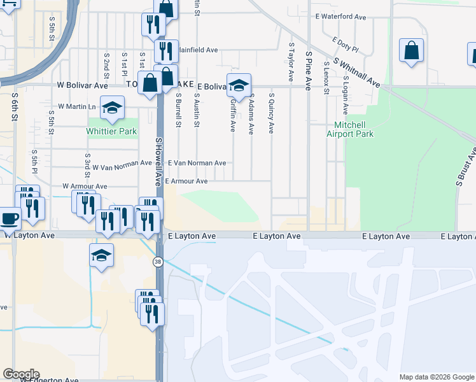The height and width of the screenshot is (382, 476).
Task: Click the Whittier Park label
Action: (111, 132)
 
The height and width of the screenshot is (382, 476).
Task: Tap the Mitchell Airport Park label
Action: (349, 129)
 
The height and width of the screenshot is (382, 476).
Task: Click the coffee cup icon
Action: (10, 218)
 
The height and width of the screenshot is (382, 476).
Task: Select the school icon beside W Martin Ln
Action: (112, 108)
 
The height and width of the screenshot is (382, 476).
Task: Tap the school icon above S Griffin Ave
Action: (239, 85)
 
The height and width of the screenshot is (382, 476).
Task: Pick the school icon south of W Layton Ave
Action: (101, 255)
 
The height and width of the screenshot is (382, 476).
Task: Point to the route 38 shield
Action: (157, 261)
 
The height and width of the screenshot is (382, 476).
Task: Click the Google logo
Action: (21, 374)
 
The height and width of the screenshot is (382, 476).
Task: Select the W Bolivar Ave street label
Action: (83, 85)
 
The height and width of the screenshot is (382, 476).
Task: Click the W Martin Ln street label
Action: (76, 106)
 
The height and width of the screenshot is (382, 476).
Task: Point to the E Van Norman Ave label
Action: (197, 164)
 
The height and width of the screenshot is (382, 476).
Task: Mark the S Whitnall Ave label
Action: (356, 74)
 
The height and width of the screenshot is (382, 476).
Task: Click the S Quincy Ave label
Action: (270, 113)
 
